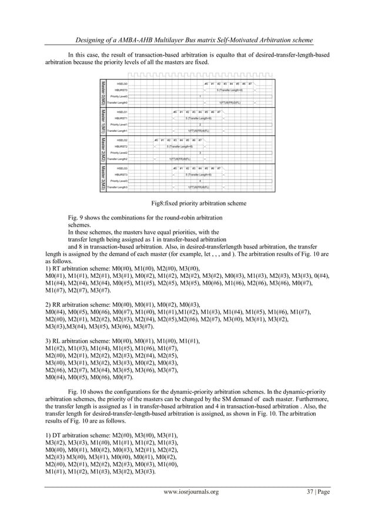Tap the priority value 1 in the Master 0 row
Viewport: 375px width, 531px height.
[x=200, y=96]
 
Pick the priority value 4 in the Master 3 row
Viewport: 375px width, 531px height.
[x=200, y=181]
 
